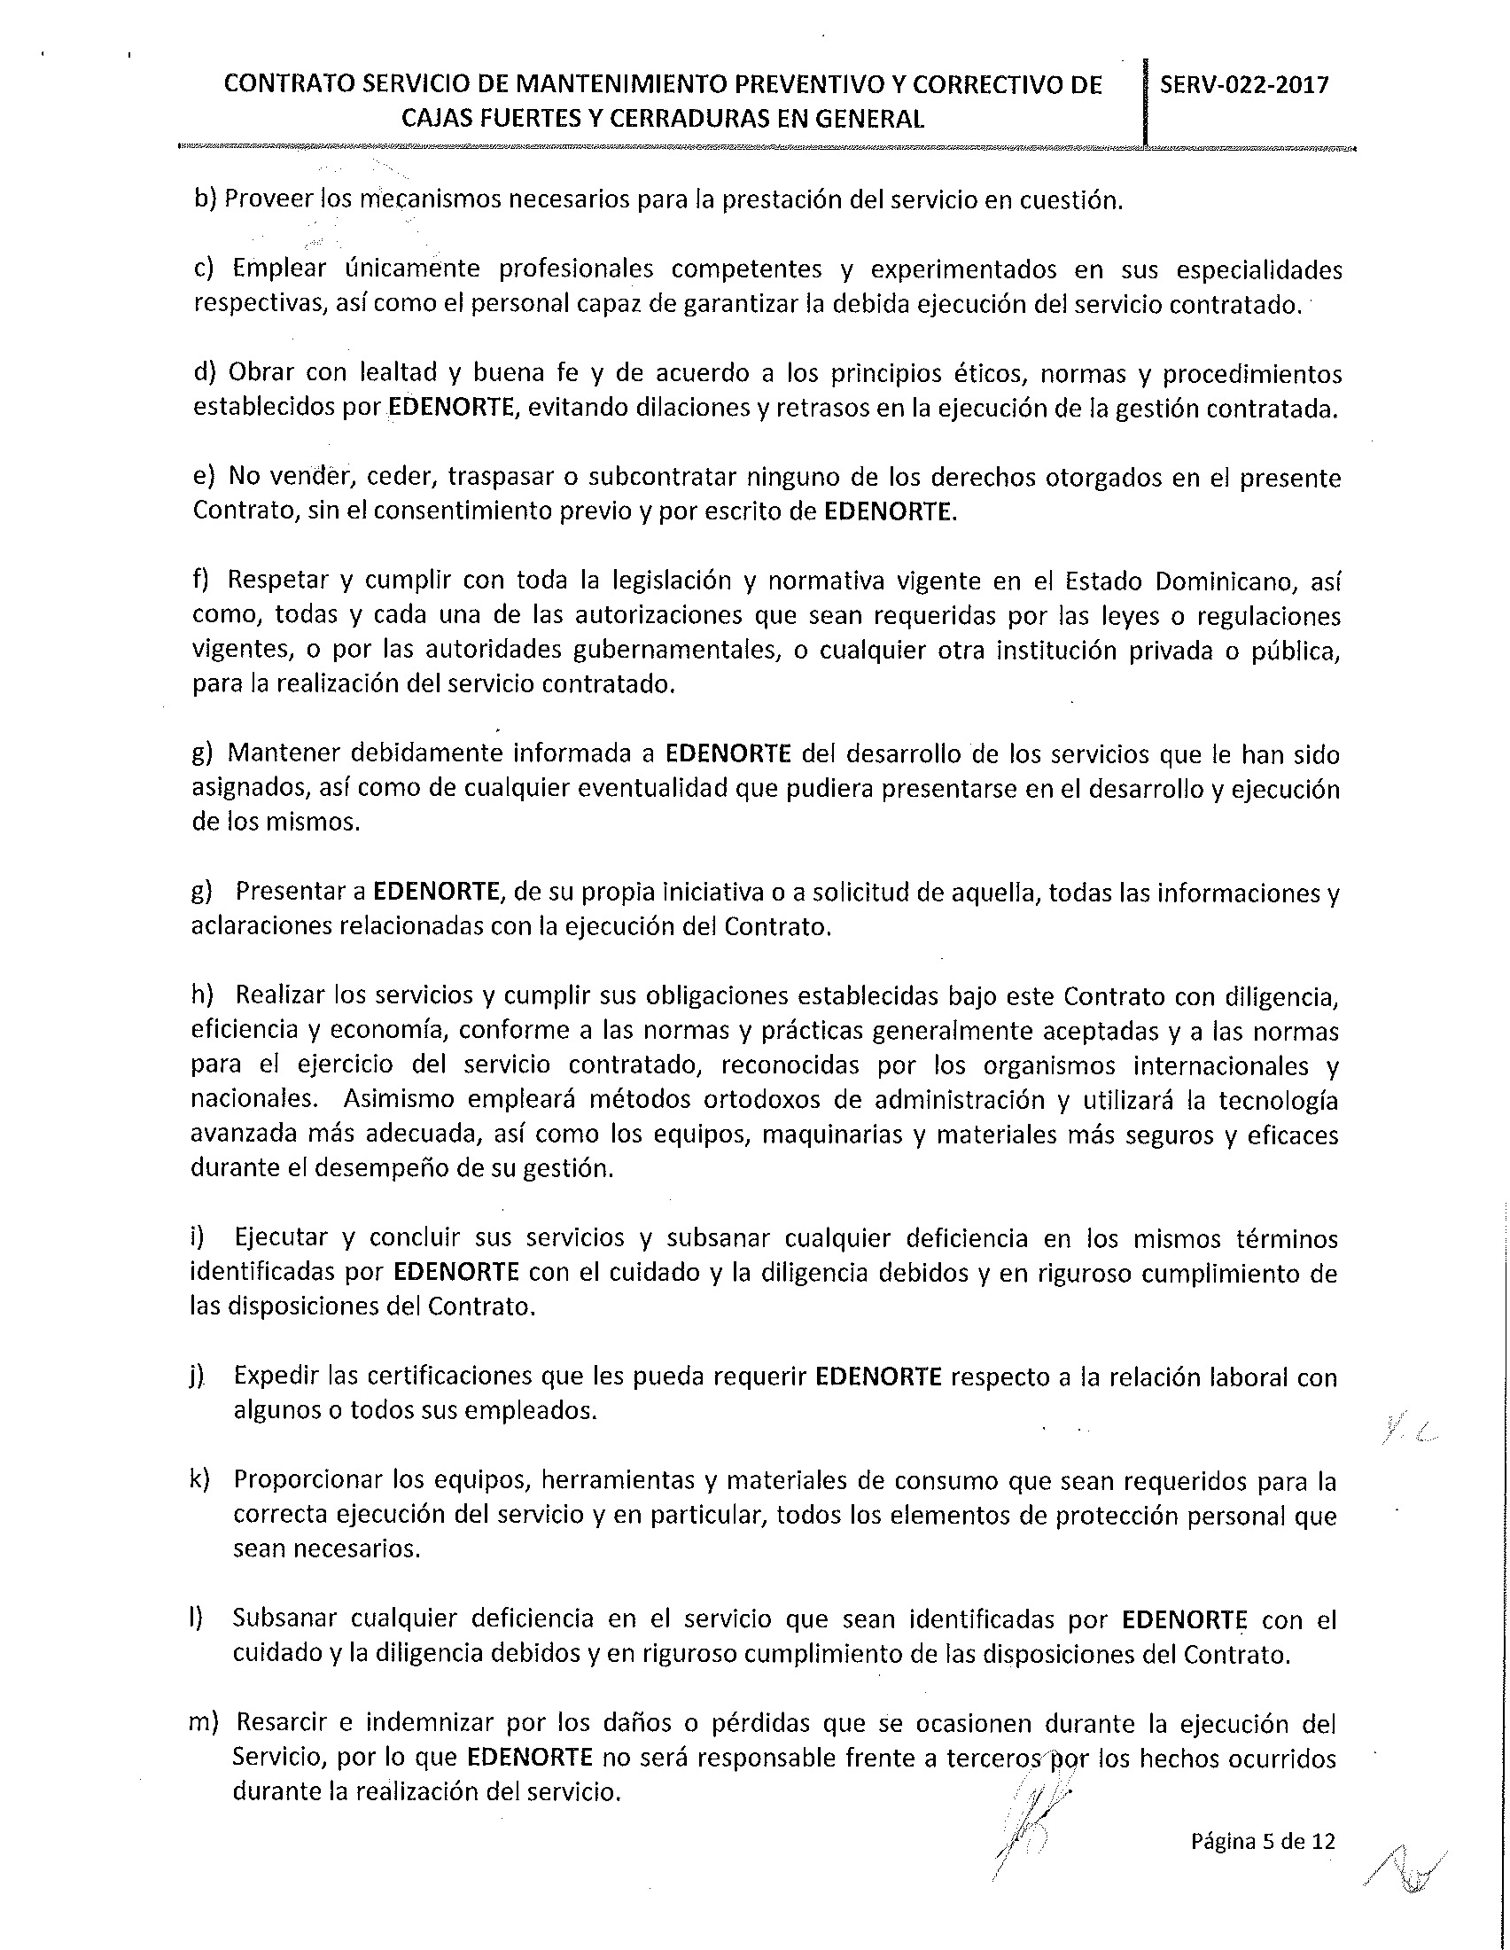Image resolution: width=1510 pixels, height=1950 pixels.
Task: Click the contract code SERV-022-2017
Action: point(1244,85)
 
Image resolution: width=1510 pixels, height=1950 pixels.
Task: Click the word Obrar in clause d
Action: point(261,373)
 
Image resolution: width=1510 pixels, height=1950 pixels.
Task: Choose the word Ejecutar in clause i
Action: point(284,1238)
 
